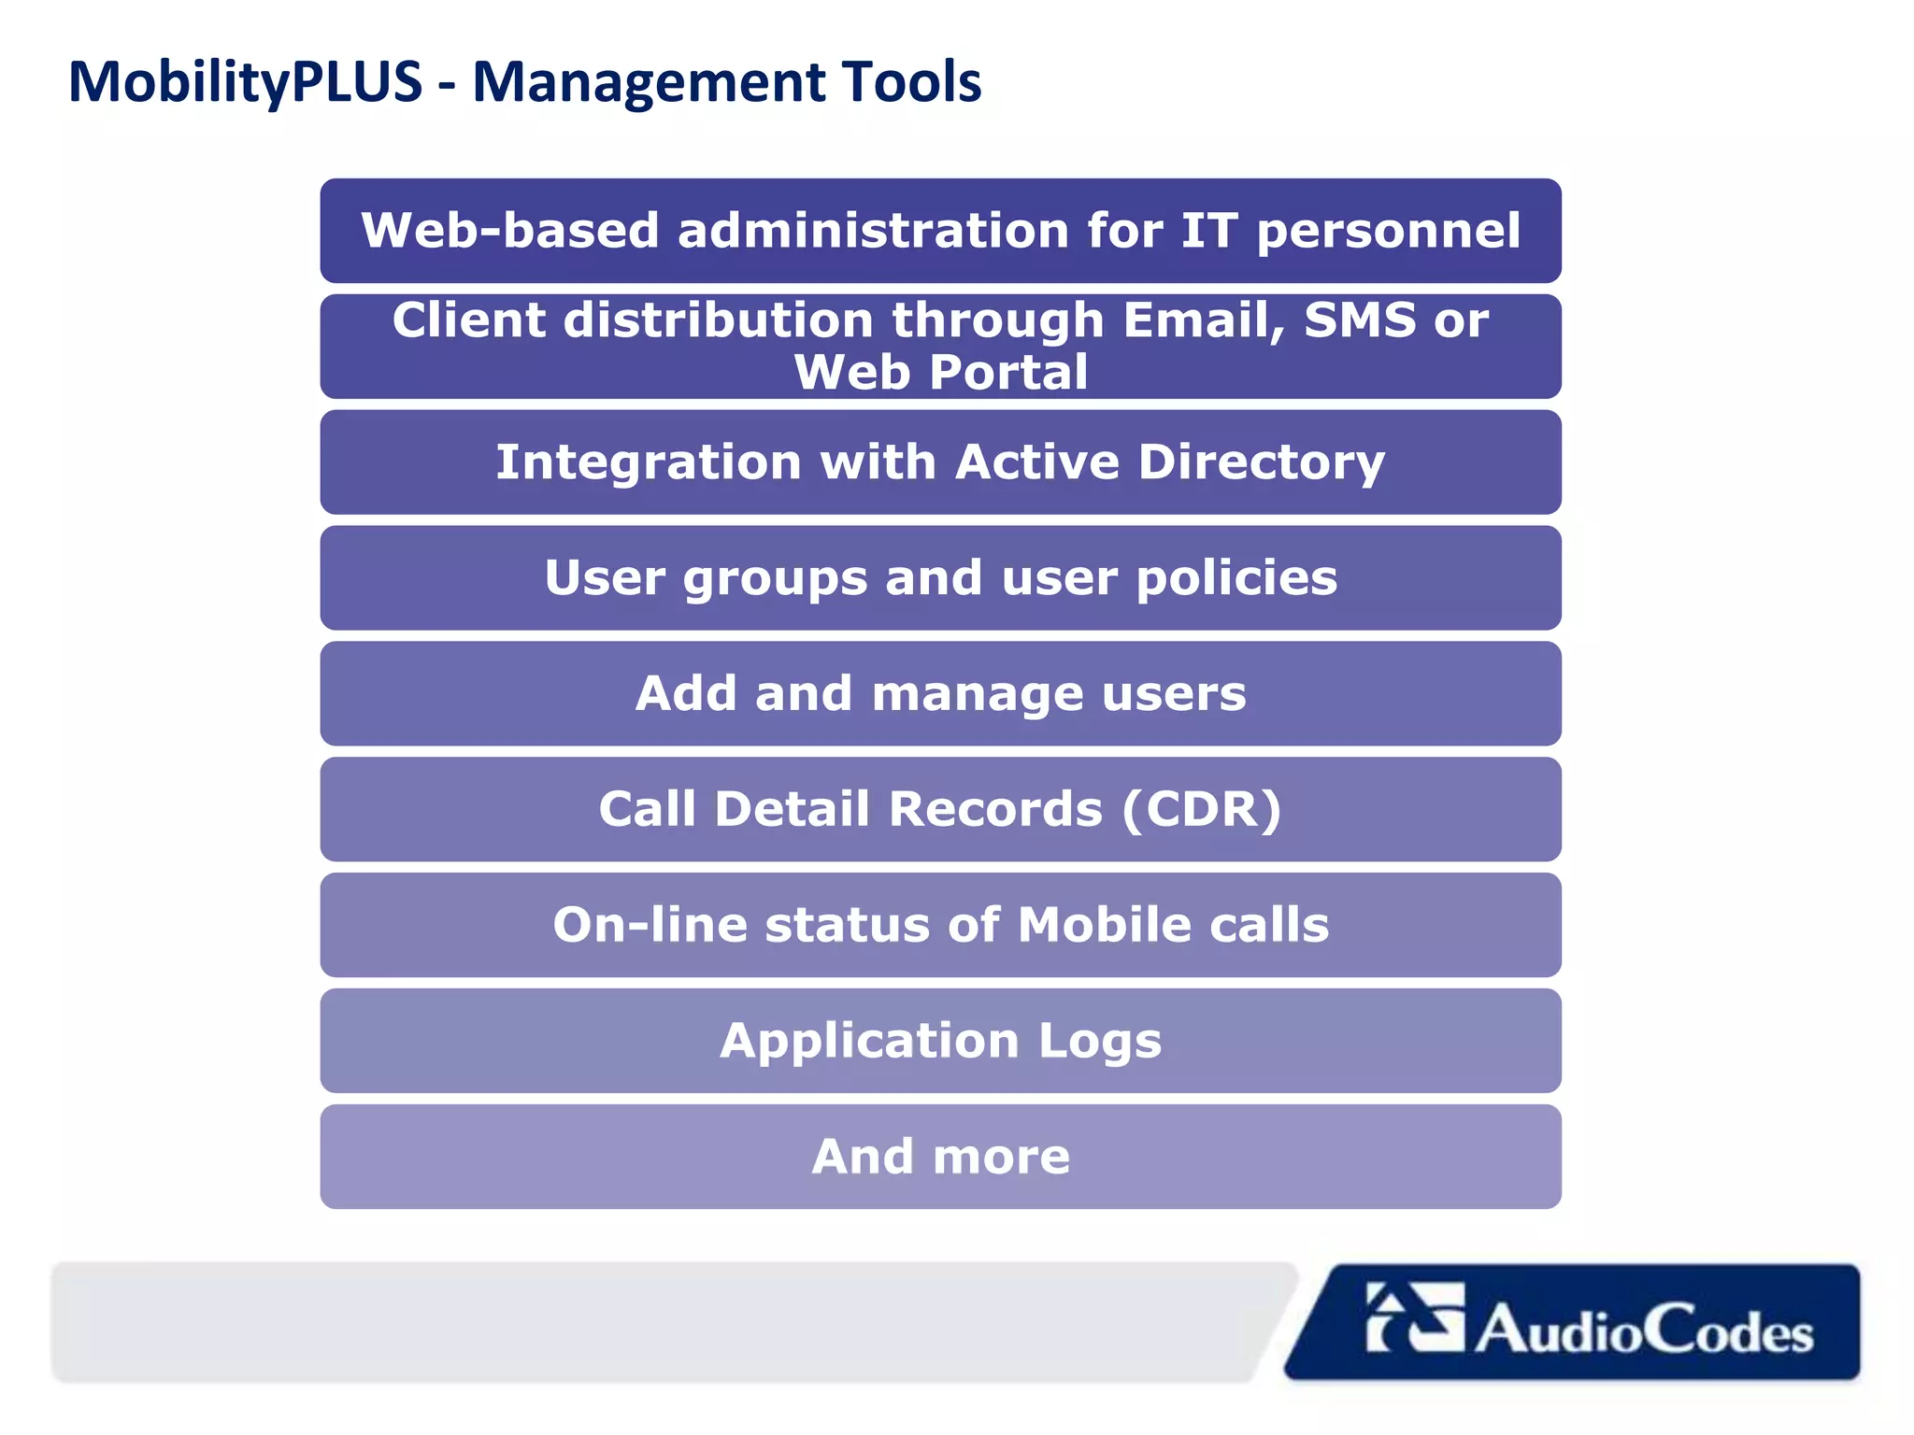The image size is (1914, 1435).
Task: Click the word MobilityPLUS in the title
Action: (245, 82)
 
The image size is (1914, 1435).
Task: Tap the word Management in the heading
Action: (648, 82)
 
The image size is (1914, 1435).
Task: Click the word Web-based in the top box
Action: (510, 231)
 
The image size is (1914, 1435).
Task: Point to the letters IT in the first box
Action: (1208, 231)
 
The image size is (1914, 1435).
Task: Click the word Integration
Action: (649, 462)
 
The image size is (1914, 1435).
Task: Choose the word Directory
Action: (1262, 462)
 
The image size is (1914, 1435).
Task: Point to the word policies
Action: (1236, 578)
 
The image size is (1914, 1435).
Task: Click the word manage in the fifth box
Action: (977, 694)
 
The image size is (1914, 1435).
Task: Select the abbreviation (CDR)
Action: (1201, 809)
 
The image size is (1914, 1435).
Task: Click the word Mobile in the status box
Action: (1104, 925)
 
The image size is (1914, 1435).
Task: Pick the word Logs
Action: (1099, 1041)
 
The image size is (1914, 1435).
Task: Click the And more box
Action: (940, 1157)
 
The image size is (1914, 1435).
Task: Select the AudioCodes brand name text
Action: (1644, 1329)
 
